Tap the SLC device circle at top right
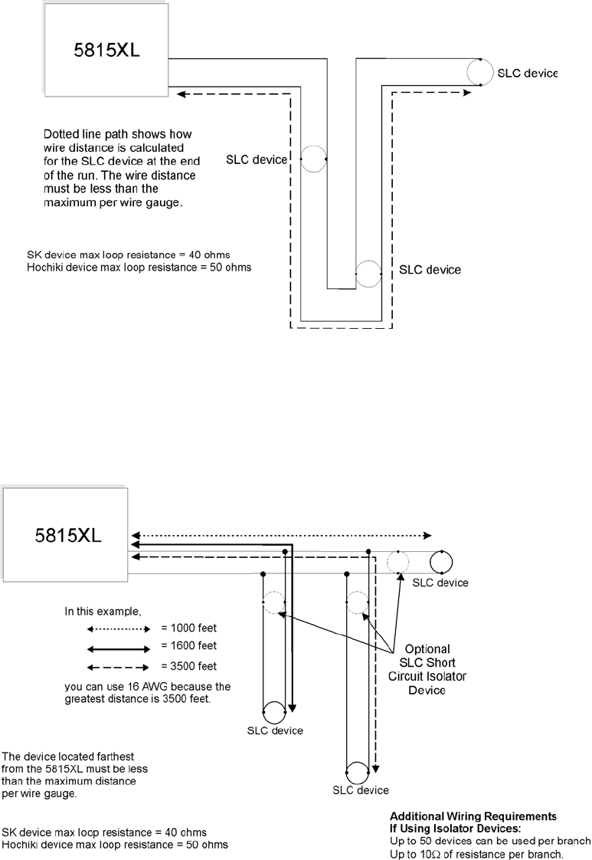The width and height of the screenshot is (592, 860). coord(479,73)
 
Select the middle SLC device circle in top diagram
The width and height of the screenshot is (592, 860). coord(313,159)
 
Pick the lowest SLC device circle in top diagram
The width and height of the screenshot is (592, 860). coord(368,272)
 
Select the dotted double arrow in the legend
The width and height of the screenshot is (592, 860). coord(120,629)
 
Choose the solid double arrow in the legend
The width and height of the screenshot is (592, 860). coord(120,647)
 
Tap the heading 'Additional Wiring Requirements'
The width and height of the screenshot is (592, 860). coord(473,816)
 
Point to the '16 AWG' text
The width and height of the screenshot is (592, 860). coord(132,686)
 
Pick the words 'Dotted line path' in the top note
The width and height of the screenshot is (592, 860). coord(79,133)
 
